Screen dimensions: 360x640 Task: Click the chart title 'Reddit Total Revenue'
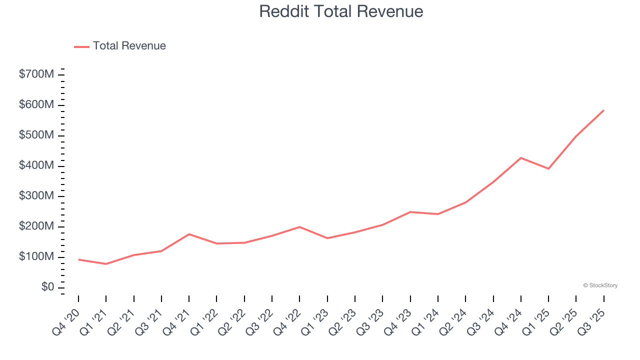(341, 11)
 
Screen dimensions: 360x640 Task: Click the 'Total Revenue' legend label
(129, 46)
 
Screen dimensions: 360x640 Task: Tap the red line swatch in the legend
(81, 46)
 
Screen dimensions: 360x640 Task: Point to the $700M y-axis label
(36, 74)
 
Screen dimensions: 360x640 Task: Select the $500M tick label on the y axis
(36, 135)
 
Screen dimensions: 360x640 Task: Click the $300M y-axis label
(36, 196)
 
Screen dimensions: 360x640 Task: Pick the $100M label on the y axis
(36, 257)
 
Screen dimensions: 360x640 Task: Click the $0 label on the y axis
(48, 287)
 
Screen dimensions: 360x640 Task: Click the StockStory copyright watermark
(600, 285)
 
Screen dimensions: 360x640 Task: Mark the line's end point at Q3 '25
(603, 110)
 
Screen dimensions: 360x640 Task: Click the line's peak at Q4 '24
(521, 158)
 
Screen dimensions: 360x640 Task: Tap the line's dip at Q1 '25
(548, 168)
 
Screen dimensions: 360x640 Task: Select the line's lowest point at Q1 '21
(106, 264)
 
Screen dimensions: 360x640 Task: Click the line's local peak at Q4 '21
(189, 234)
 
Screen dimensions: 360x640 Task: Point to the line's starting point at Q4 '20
(78, 259)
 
